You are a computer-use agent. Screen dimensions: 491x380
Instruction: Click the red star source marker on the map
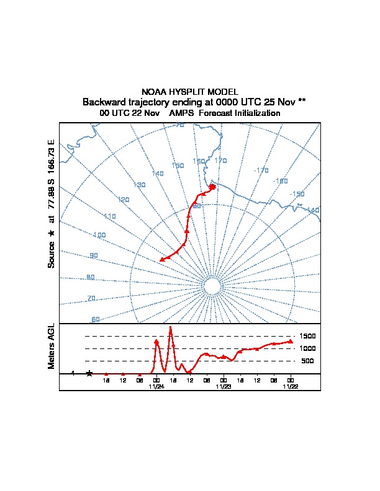212,187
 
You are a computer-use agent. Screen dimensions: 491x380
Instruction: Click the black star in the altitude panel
89,373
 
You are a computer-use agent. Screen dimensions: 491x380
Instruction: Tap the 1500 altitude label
309,336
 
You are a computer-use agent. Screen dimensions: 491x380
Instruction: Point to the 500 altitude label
307,361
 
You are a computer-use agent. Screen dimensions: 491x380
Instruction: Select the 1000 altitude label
309,348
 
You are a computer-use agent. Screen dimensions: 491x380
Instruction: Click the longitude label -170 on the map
261,170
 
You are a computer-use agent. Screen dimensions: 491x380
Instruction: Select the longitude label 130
140,185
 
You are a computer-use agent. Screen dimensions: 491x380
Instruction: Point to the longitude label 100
99,235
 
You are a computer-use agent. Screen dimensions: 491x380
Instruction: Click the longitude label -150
297,194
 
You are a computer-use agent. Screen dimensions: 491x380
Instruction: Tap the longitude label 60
96,319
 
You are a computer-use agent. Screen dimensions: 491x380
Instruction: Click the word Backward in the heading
102,102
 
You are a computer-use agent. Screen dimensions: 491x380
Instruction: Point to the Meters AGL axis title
52,346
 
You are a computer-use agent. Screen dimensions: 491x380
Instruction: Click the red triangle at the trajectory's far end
162,260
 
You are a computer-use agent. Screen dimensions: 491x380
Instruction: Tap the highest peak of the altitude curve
170,329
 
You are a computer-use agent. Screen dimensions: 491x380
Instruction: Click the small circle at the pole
211,286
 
